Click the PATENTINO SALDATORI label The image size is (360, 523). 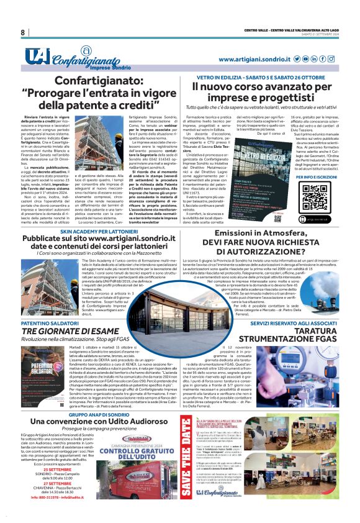click(x=47, y=324)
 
